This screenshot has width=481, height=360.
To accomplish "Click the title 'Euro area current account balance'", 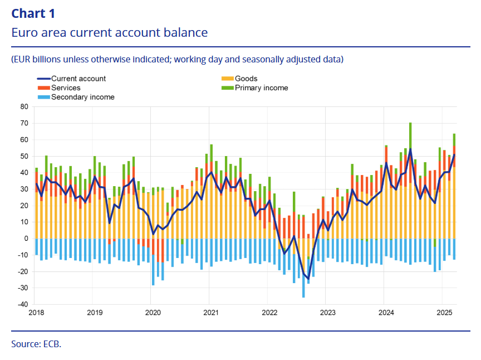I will click(x=110, y=32).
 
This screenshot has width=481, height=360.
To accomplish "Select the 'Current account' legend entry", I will click(x=78, y=79).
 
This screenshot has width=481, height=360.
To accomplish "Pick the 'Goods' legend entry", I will click(x=246, y=79).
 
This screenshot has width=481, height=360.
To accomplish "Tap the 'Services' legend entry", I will click(x=66, y=87).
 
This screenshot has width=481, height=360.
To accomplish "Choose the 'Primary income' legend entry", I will click(x=261, y=87).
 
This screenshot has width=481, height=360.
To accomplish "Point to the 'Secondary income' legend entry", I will click(x=82, y=97).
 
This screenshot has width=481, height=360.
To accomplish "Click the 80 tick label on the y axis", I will click(x=24, y=106).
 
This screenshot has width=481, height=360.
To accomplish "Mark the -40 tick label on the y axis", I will click(x=22, y=304).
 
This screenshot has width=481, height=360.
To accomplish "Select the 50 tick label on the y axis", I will click(x=24, y=156).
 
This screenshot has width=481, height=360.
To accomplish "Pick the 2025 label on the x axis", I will click(x=442, y=313).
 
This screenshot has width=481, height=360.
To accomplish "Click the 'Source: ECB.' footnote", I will click(x=36, y=344).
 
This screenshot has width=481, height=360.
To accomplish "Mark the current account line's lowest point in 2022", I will click(x=308, y=278).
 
